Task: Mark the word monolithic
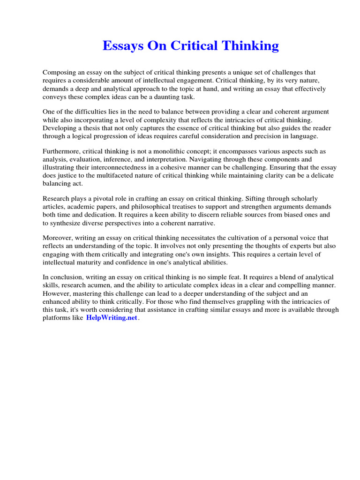point(177,152)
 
